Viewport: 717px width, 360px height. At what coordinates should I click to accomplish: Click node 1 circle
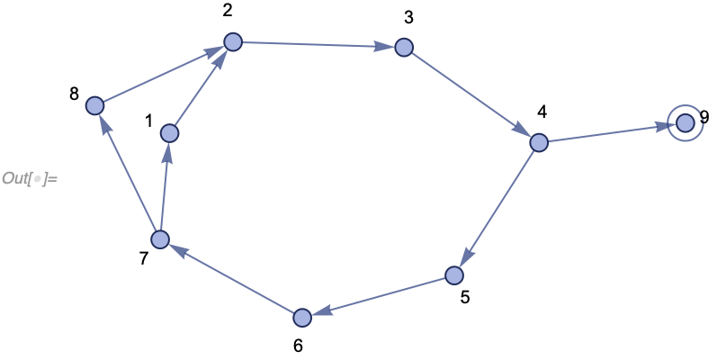pyautogui.click(x=168, y=133)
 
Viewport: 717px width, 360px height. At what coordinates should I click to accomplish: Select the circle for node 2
pyautogui.click(x=233, y=41)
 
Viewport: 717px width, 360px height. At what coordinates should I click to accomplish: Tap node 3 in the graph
pyautogui.click(x=403, y=48)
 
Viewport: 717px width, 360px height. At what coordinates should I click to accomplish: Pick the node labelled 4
pyautogui.click(x=538, y=142)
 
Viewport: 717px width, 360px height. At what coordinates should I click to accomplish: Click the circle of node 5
pyautogui.click(x=455, y=274)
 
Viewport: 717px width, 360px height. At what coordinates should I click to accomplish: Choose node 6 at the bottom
pyautogui.click(x=301, y=317)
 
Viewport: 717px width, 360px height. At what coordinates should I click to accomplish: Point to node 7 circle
pyautogui.click(x=159, y=239)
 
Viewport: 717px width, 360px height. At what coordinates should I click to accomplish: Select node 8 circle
pyautogui.click(x=94, y=106)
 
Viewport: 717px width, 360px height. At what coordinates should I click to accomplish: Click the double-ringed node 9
pyautogui.click(x=686, y=121)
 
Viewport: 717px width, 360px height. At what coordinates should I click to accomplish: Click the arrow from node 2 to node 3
pyautogui.click(x=318, y=44)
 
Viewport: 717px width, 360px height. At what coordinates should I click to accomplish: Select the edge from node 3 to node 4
pyautogui.click(x=471, y=94)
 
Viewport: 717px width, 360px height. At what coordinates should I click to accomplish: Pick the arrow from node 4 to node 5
pyautogui.click(x=497, y=208)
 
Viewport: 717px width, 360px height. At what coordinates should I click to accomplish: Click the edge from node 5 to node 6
pyautogui.click(x=378, y=296)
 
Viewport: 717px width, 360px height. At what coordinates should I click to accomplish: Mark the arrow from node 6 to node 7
pyautogui.click(x=230, y=278)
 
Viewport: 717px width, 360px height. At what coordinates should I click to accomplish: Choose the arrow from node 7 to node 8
pyautogui.click(x=127, y=173)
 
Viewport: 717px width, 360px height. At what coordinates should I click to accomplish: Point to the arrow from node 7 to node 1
pyautogui.click(x=164, y=186)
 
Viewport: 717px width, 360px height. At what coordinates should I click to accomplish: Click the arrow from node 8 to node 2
pyautogui.click(x=164, y=74)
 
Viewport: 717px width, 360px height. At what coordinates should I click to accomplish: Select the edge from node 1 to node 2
pyautogui.click(x=201, y=87)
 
